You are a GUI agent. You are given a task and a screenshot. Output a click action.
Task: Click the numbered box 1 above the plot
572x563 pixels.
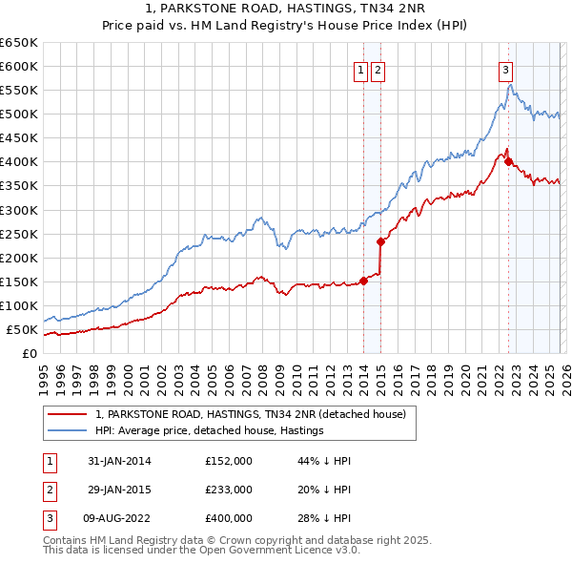coord(362,69)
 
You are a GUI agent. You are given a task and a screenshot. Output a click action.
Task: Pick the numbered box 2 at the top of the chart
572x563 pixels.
coord(378,69)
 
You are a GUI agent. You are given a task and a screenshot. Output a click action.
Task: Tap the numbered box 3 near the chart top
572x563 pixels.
coord(504,69)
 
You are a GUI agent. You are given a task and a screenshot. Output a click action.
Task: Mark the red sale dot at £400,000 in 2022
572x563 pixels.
coord(507,161)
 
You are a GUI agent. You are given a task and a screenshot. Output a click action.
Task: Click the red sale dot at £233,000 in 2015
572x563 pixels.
coord(380,241)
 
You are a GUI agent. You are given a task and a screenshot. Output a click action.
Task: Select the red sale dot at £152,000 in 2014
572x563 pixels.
coord(363,281)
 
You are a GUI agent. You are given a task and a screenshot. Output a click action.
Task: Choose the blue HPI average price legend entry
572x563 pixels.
coord(210,430)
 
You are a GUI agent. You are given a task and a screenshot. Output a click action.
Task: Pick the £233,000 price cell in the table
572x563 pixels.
coord(228,490)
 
